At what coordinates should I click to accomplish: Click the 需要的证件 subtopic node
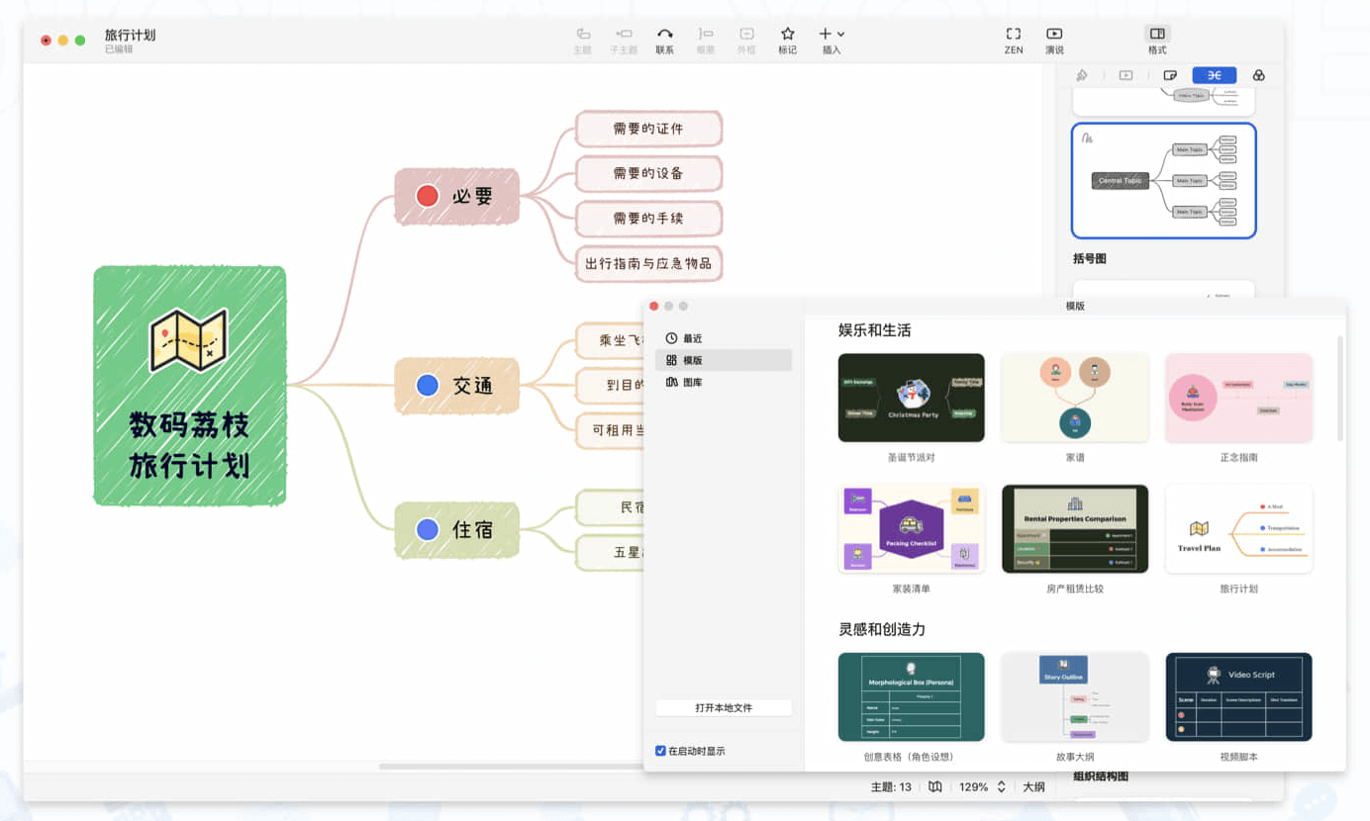[648, 129]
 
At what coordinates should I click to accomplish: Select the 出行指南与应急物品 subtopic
[648, 263]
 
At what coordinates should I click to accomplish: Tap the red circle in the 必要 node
[428, 196]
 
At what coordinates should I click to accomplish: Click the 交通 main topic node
[457, 385]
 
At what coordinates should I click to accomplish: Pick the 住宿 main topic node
[457, 529]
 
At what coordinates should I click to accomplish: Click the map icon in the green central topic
[188, 340]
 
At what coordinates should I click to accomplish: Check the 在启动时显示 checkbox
[660, 751]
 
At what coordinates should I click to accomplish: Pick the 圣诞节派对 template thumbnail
[911, 398]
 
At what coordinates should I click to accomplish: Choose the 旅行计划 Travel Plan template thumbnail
[1238, 528]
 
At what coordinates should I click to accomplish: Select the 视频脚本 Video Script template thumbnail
[1238, 696]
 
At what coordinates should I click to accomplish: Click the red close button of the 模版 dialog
[653, 307]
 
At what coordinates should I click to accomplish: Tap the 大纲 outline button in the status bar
[1033, 787]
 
